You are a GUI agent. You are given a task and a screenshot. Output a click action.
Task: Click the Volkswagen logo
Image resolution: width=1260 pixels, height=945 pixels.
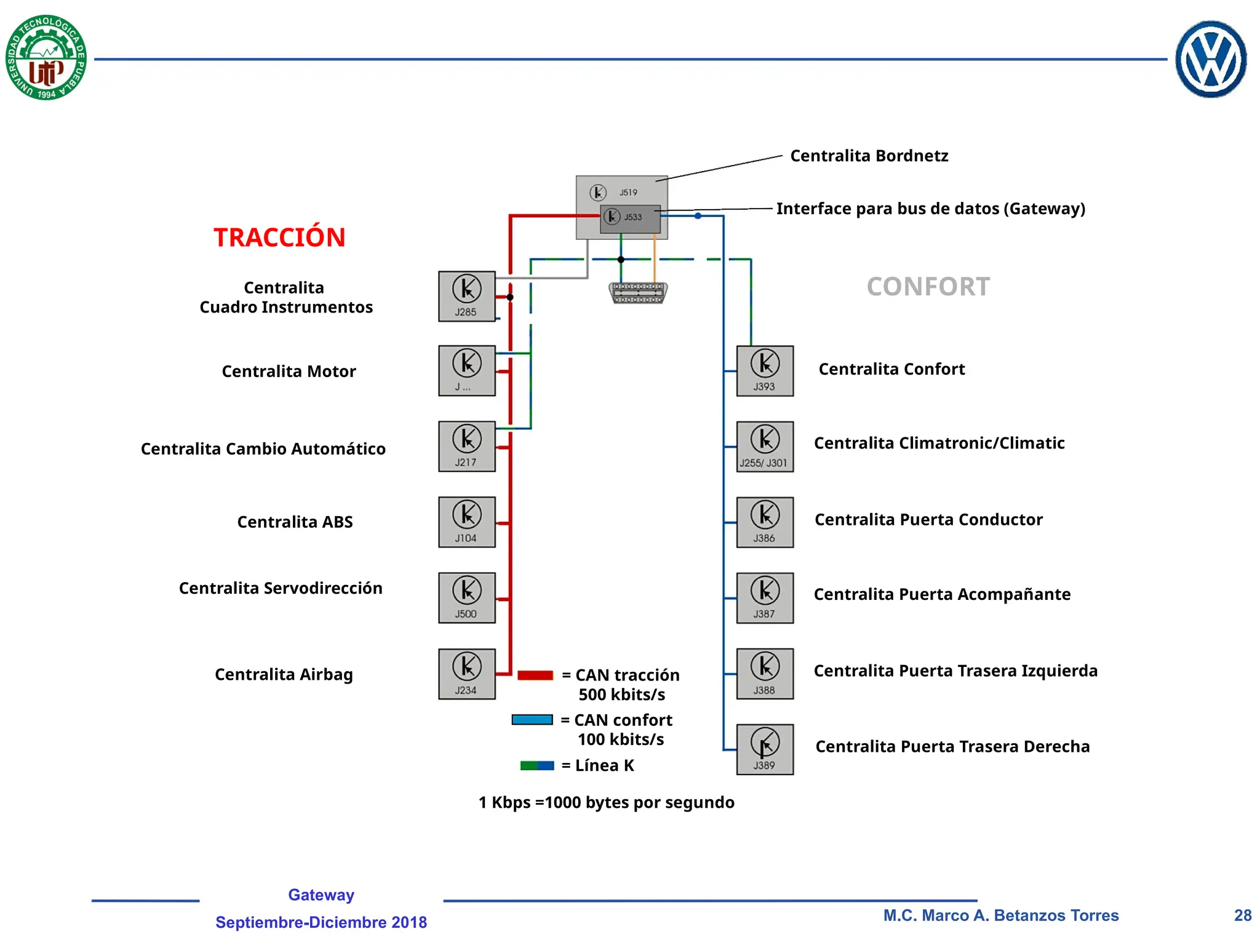coord(1211,59)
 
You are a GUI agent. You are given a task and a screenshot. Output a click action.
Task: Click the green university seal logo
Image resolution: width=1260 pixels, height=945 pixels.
coord(46,57)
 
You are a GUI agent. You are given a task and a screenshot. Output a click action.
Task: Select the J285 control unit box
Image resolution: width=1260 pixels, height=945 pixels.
coord(467,297)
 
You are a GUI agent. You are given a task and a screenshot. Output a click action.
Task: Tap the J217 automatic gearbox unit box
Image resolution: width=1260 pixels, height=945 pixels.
coord(467,446)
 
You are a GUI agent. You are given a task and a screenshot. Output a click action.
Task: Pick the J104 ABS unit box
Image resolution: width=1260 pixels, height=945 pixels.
coord(467,522)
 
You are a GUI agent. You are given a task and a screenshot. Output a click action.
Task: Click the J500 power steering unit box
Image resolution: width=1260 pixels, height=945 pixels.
coord(467,597)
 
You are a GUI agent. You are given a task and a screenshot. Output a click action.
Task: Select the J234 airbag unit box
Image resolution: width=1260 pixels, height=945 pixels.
coord(467,674)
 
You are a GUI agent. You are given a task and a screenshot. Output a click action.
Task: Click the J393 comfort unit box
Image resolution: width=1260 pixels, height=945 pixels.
coord(765,371)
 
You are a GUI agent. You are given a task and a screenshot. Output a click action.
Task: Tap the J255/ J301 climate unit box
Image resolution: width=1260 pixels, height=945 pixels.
coord(765,447)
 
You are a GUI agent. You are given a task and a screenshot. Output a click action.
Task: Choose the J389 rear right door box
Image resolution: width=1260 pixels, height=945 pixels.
coord(765,749)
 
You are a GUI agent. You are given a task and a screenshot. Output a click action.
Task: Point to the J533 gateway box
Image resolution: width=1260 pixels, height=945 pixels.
coord(630,219)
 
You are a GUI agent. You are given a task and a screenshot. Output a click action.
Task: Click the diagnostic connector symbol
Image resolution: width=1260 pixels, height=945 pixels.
coord(639,293)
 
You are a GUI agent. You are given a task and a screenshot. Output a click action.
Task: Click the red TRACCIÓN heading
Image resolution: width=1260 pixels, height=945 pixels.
coord(279,237)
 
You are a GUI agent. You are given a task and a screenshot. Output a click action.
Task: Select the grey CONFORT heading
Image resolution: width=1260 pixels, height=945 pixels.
coord(928,287)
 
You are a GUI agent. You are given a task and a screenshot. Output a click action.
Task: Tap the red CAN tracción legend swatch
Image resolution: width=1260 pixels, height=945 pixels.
coord(535,675)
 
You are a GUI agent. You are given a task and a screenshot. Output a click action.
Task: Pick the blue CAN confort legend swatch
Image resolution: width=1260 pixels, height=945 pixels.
coord(532,720)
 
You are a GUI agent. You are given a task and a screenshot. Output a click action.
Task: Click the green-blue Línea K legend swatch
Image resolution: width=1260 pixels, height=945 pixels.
coord(537,765)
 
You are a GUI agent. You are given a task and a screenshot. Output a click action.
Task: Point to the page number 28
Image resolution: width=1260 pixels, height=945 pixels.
coord(1243,915)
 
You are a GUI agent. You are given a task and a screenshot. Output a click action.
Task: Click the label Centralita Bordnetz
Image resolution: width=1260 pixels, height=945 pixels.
coord(869,156)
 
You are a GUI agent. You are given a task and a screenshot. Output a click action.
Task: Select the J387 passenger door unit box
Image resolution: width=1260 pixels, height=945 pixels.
coord(765,598)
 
